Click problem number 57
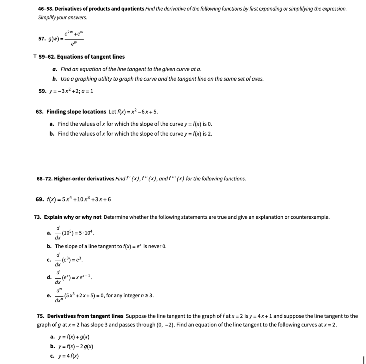(42, 39)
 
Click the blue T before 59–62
(35, 56)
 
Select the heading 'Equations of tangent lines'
(91, 57)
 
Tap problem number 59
(42, 91)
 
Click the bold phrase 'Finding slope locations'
(76, 112)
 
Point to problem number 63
(39, 112)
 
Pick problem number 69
(39, 199)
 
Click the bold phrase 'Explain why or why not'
(73, 217)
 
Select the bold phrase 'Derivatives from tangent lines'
(85, 316)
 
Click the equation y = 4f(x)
(68, 356)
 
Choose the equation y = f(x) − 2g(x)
(76, 346)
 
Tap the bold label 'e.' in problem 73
(49, 296)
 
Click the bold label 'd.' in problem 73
(49, 277)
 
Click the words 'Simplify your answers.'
(62, 18)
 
